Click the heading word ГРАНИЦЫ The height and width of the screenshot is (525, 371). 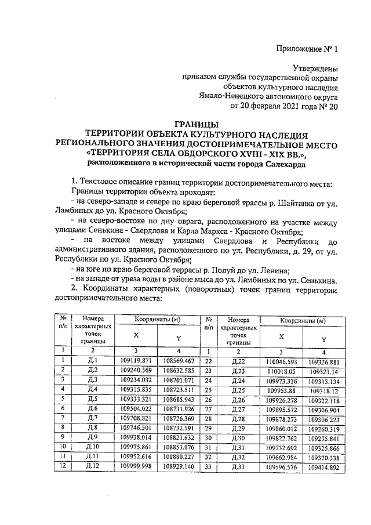(x=197, y=124)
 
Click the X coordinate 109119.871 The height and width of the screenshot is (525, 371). (x=139, y=360)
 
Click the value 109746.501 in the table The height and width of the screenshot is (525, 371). (x=139, y=428)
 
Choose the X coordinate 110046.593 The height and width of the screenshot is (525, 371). (x=281, y=360)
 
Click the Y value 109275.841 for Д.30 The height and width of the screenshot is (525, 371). (x=324, y=437)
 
